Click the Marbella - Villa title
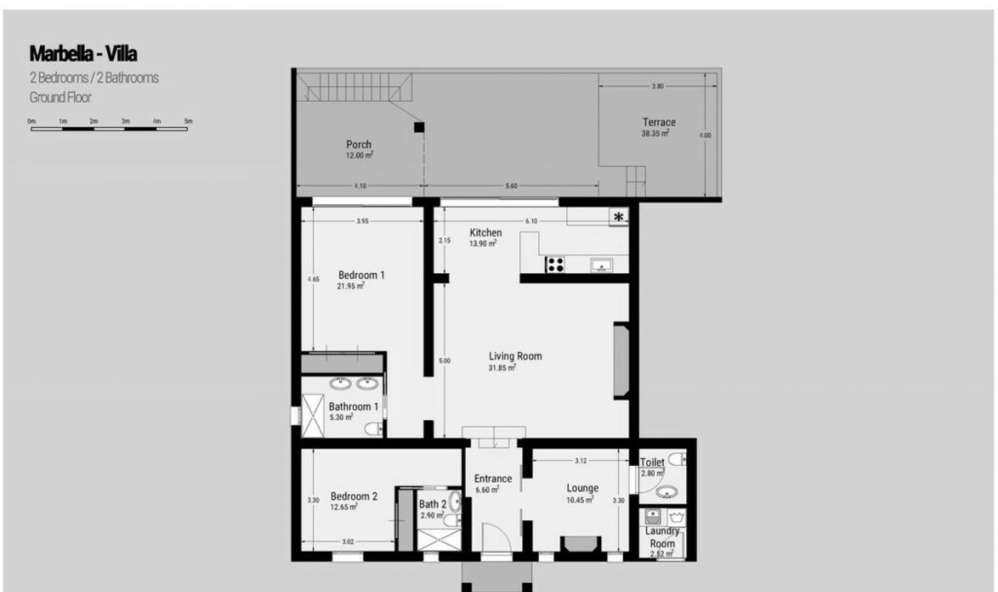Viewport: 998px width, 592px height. coord(83,54)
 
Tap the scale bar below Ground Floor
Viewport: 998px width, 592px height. coord(109,128)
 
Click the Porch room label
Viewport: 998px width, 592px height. coord(359,145)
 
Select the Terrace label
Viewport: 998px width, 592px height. coord(659,123)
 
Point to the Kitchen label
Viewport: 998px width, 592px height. coord(485,233)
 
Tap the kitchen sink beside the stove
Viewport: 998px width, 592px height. coord(601,265)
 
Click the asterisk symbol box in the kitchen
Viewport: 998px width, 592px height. coord(619,218)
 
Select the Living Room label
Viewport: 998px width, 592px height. coord(515,356)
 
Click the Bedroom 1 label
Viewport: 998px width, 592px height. coord(361,275)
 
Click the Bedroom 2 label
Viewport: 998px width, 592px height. coord(354,496)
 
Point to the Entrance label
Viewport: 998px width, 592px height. coord(493,479)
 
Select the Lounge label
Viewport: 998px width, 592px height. coord(582,488)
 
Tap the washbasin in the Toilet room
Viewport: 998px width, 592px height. coord(666,491)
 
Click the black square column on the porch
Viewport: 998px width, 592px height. coord(419,127)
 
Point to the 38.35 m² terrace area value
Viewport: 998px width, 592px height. coord(654,133)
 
